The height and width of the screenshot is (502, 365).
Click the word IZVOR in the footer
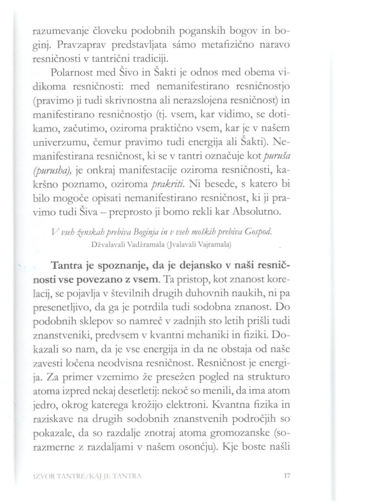tap(44, 475)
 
